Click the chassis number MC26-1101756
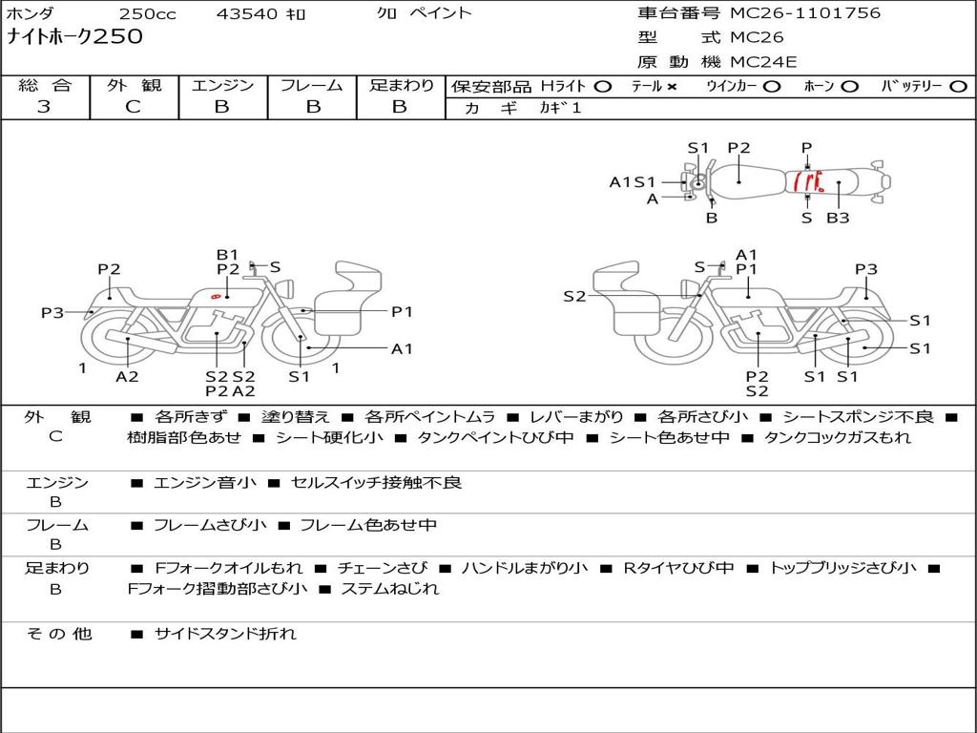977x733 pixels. (805, 13)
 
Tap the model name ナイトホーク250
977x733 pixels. (74, 36)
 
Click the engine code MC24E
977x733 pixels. (763, 62)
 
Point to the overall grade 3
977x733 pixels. (44, 107)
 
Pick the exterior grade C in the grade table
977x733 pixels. (133, 107)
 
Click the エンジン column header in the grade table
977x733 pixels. (222, 85)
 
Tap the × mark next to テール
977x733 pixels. (672, 87)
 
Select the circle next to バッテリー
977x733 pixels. (958, 87)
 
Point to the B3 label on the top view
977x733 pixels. (838, 218)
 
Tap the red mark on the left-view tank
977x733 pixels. (216, 296)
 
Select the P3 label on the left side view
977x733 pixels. (52, 312)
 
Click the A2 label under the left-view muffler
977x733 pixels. (127, 376)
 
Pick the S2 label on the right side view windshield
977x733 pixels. (574, 296)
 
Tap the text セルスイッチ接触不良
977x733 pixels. (376, 482)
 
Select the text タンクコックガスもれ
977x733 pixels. (838, 437)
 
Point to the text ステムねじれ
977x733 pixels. (390, 588)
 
